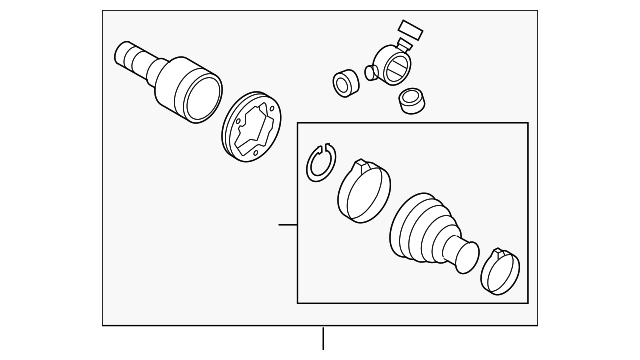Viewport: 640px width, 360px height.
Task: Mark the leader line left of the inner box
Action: coord(287,225)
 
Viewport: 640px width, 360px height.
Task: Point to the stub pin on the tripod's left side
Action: coord(370,71)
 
